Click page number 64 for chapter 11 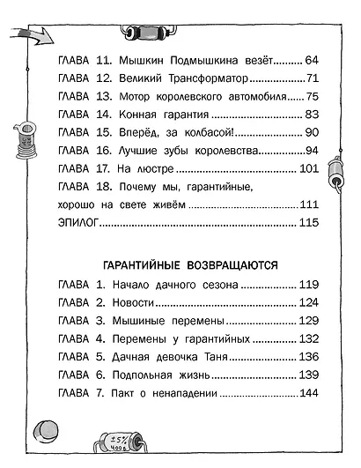(315, 61)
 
